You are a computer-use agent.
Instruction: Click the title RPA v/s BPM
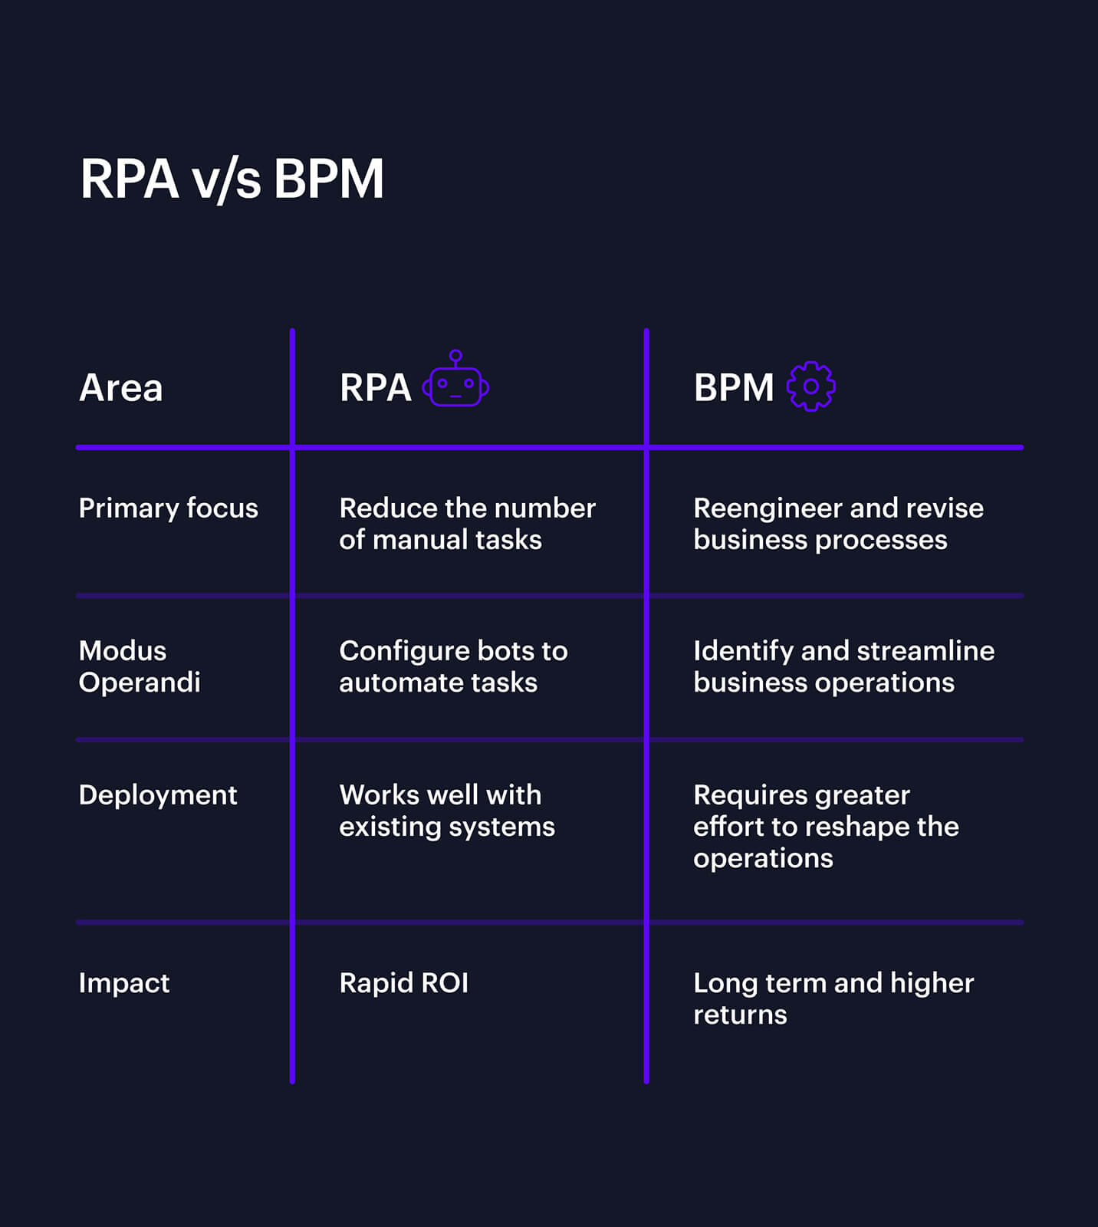click(x=232, y=179)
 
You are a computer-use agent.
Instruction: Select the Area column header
click(x=120, y=387)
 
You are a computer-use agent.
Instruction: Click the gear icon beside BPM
click(x=810, y=387)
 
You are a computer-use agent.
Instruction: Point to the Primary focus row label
click(x=168, y=508)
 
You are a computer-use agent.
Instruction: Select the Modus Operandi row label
click(x=139, y=666)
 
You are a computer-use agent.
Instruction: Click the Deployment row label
click(x=157, y=795)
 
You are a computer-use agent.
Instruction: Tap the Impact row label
click(x=123, y=983)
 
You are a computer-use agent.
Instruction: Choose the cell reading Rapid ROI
click(x=403, y=983)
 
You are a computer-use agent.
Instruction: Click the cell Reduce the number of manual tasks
click(x=466, y=524)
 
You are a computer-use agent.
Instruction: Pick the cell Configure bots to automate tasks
click(x=452, y=666)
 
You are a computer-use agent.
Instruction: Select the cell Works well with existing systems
click(x=446, y=811)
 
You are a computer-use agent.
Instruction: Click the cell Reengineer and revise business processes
click(x=837, y=524)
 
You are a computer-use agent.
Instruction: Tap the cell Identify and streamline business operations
click(x=843, y=666)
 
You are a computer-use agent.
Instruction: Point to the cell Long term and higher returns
click(x=833, y=998)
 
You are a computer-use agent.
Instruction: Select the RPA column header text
click(x=375, y=387)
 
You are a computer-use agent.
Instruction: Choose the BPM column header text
click(x=733, y=387)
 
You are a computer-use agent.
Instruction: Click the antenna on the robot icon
click(x=455, y=357)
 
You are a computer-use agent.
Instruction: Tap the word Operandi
click(x=139, y=683)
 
